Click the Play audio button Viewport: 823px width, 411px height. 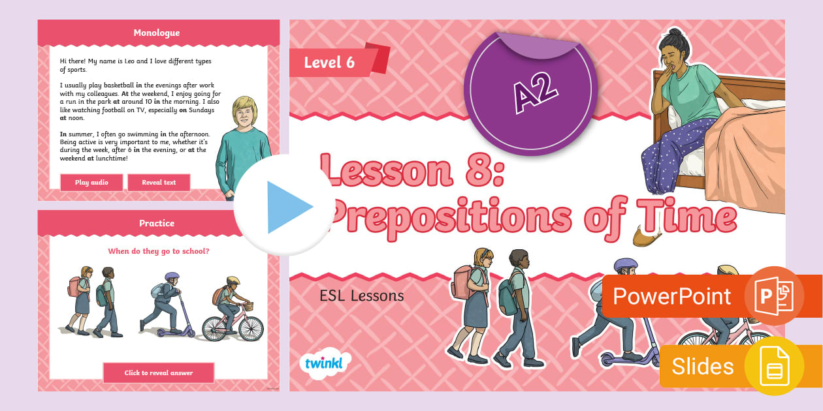(x=91, y=183)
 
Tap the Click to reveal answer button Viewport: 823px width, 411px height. (x=159, y=373)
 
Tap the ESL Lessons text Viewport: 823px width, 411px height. (x=362, y=296)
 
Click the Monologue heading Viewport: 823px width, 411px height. (x=157, y=33)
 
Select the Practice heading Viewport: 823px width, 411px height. (x=157, y=223)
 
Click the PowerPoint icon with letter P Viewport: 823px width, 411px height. (x=774, y=296)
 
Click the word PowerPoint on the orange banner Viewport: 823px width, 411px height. (x=671, y=296)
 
